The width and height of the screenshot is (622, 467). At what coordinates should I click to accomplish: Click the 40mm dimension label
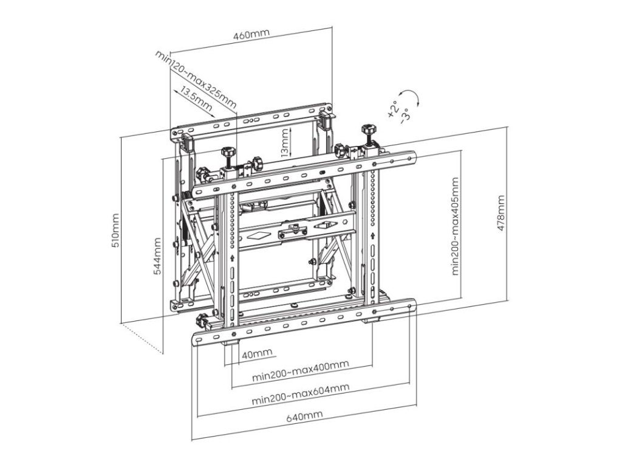point(256,354)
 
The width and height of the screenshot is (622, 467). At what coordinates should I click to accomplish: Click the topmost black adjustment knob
point(367,129)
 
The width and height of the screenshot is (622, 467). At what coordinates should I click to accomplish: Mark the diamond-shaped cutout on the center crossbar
point(258,234)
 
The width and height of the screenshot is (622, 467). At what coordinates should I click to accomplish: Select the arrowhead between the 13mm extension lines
point(292,131)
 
